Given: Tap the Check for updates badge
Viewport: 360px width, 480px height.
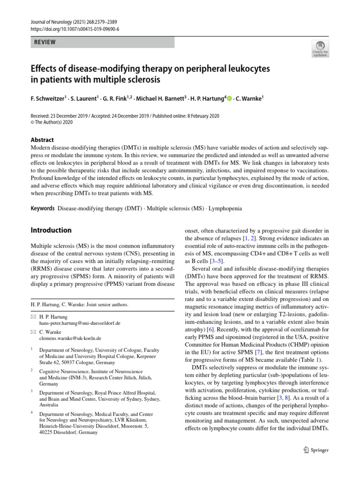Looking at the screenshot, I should pos(320,48).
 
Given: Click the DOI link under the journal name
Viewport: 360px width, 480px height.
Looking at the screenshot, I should pos(75,29).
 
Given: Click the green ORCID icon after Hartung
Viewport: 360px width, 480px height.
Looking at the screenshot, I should pos(229,98).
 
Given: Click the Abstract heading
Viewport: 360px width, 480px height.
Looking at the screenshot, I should pos(42,140).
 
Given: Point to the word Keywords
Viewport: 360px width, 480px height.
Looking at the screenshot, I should pos(42,208).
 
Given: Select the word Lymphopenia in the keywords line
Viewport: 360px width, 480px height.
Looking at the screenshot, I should pos(225,208).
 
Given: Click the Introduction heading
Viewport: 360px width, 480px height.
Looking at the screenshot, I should pos(51,231).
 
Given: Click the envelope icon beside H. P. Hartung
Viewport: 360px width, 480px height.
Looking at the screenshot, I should pos(33,316).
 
